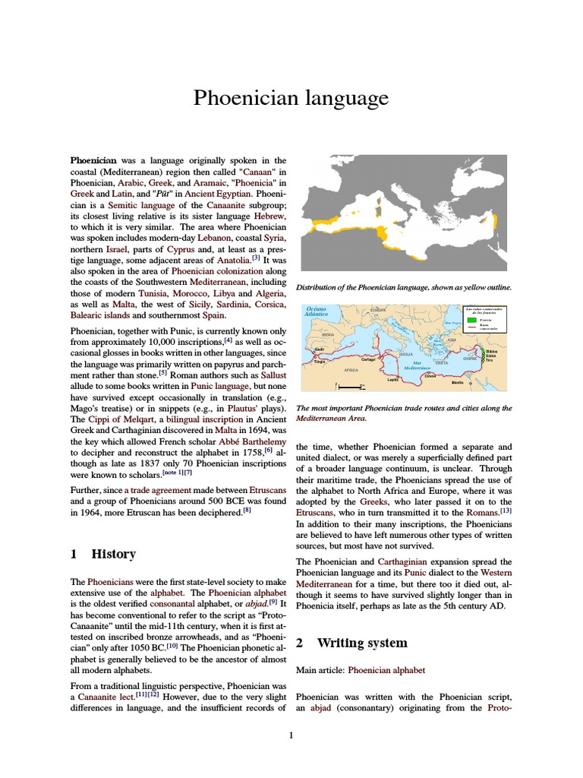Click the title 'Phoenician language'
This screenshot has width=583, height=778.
click(x=291, y=98)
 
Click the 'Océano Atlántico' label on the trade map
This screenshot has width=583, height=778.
click(x=316, y=312)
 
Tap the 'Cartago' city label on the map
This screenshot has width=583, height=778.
click(x=369, y=359)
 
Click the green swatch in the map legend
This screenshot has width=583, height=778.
click(x=471, y=321)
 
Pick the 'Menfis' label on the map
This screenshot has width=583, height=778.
click(x=479, y=382)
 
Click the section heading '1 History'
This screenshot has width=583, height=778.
click(x=103, y=554)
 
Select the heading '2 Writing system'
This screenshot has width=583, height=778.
click(x=351, y=643)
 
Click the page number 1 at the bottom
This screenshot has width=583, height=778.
click(x=291, y=735)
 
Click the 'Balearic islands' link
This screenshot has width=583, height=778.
click(x=100, y=315)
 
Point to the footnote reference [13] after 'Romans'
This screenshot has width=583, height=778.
click(x=506, y=511)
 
